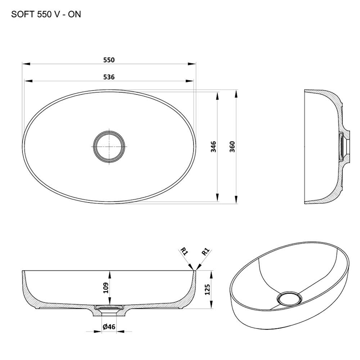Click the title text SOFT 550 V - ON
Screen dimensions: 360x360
point(46,14)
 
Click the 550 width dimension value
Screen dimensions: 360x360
point(109,60)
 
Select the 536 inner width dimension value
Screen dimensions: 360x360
point(109,77)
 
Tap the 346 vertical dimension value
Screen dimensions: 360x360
point(213,147)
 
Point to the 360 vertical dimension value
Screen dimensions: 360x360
point(232,147)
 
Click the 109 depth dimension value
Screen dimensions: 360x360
point(106,288)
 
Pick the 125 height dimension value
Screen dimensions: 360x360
point(207,289)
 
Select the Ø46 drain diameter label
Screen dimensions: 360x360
point(109,327)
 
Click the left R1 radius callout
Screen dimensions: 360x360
point(184,252)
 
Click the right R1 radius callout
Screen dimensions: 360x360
point(206,252)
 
